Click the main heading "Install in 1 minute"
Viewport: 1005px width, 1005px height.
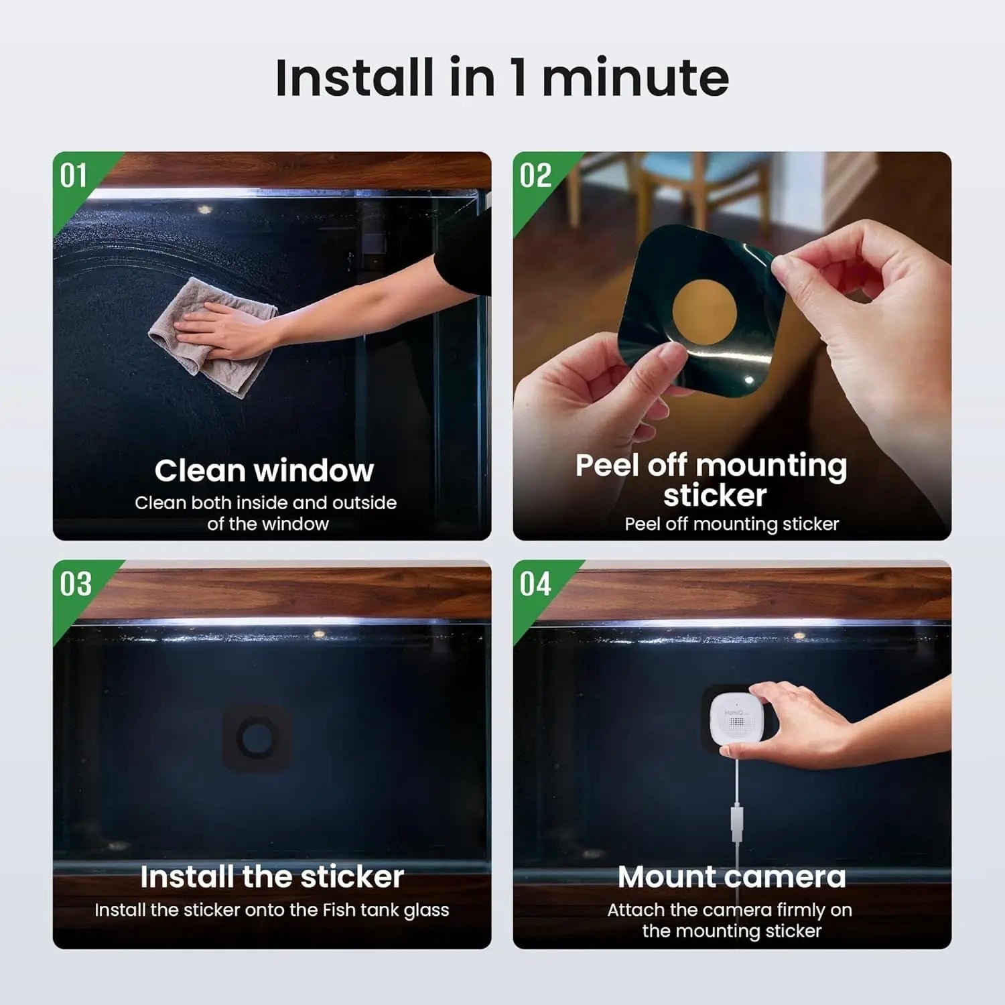(502, 78)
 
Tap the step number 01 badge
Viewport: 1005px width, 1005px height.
(74, 176)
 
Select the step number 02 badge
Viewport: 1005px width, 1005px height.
(535, 176)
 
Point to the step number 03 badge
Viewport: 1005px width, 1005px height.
(75, 584)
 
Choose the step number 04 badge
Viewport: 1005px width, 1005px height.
(535, 584)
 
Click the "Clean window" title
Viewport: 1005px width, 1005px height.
(264, 470)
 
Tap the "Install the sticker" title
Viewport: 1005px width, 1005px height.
(272, 877)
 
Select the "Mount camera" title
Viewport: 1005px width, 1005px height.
(732, 877)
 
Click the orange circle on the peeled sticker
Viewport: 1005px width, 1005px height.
(704, 312)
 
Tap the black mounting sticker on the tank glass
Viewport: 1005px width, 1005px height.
(257, 738)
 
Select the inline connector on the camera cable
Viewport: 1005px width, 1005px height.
(736, 823)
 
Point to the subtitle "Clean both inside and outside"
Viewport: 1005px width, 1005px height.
(265, 503)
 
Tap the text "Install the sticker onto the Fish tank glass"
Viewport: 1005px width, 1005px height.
(272, 910)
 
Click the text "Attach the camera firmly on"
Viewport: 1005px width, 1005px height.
(730, 910)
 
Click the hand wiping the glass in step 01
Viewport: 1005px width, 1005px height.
(221, 328)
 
